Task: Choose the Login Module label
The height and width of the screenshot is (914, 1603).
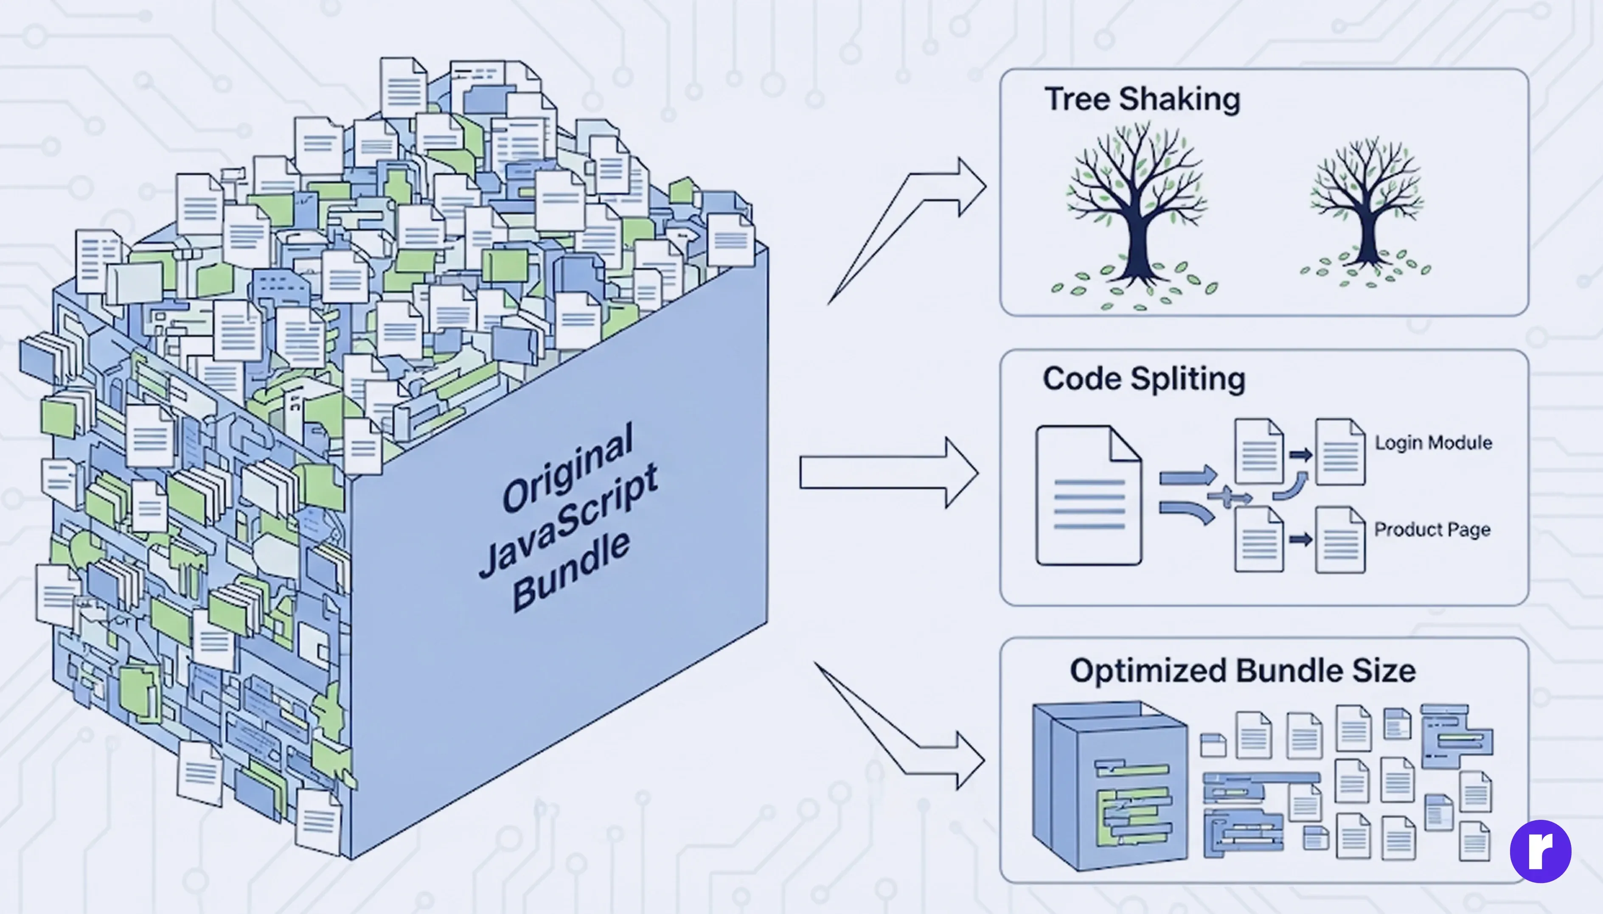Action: (x=1433, y=443)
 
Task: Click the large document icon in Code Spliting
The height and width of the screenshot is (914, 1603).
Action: (x=1088, y=496)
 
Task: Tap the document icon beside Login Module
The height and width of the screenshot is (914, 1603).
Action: (x=1339, y=452)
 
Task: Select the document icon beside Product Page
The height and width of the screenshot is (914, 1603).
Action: (x=1339, y=540)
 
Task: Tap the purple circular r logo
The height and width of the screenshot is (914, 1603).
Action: (x=1540, y=851)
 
